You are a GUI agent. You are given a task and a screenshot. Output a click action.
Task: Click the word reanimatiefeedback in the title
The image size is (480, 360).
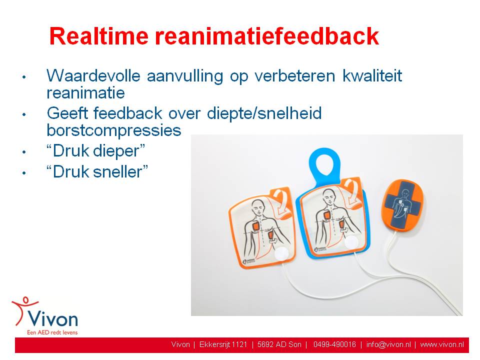click(267, 36)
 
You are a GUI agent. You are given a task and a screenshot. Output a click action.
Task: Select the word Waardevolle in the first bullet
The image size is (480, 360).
click(93, 75)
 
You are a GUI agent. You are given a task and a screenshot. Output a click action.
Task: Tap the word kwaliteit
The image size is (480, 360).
click(372, 75)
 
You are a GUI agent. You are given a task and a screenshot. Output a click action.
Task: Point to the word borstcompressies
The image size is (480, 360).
click(114, 130)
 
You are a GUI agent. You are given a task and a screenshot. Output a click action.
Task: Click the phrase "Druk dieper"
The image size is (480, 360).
click(96, 151)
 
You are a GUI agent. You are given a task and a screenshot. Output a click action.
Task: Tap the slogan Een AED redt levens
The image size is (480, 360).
click(52, 332)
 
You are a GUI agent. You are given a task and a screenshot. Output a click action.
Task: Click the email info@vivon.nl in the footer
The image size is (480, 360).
click(388, 344)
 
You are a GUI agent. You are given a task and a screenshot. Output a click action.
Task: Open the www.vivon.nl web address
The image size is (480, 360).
click(442, 344)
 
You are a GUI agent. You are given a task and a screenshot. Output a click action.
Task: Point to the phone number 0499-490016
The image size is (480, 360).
click(334, 344)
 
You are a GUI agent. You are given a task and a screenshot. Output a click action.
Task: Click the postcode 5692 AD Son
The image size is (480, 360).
click(279, 344)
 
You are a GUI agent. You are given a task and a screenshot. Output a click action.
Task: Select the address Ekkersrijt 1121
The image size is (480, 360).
click(223, 344)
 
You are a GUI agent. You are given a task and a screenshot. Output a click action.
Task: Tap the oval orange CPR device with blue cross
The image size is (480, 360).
click(402, 204)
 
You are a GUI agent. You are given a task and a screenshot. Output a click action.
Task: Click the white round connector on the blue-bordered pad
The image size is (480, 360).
click(351, 242)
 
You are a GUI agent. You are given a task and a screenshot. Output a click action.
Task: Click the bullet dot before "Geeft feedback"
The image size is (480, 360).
click(24, 114)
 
